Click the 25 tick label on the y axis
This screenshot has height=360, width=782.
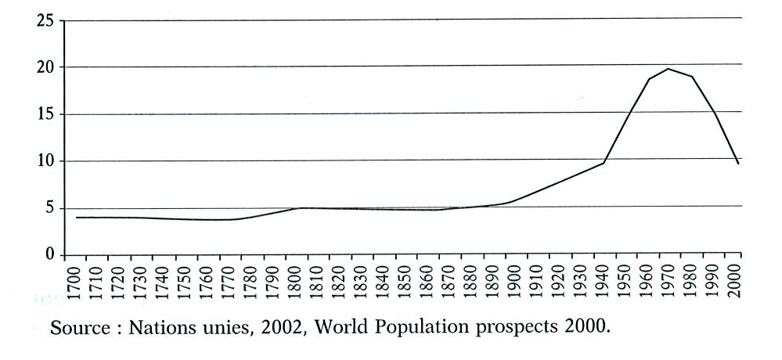click(45, 20)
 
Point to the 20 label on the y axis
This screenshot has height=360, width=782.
click(45, 67)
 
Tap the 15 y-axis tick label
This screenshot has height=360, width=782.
click(45, 114)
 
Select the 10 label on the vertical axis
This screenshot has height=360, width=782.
click(45, 161)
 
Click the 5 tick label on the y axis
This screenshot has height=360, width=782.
click(50, 208)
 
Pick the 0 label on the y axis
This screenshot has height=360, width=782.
click(50, 255)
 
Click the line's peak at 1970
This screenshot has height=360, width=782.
click(668, 69)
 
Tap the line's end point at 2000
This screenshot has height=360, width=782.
click(739, 164)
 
